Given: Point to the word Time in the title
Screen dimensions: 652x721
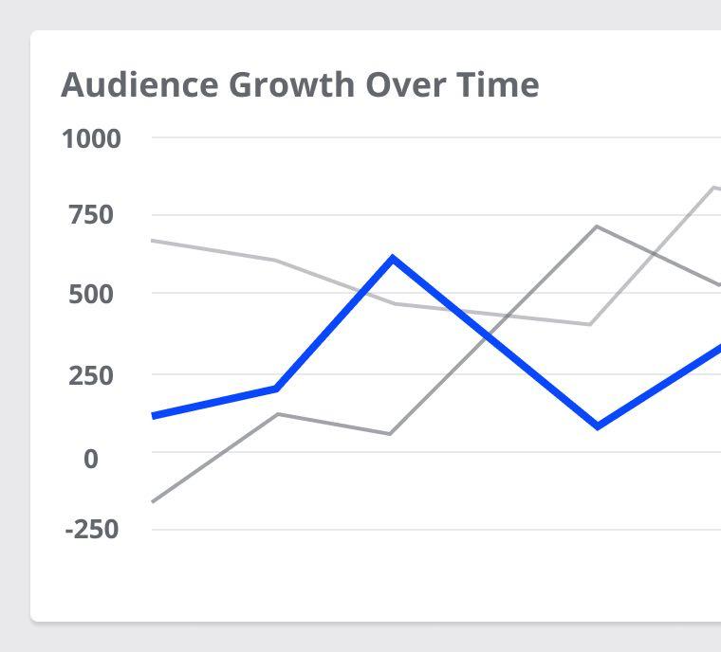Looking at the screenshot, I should tap(501, 84).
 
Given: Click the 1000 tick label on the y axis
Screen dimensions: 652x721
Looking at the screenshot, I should tap(91, 139).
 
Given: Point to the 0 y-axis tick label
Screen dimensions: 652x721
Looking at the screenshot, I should tap(91, 459).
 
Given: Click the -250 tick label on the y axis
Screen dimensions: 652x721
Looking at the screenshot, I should tap(91, 529).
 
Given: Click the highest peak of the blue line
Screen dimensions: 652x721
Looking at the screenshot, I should tap(392, 258).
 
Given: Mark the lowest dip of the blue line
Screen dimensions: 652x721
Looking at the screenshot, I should tap(598, 426).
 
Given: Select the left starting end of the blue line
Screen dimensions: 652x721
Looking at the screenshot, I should tap(154, 416).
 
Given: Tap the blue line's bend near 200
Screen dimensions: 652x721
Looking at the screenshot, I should tap(276, 389).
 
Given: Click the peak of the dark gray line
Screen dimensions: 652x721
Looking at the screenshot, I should tap(596, 226).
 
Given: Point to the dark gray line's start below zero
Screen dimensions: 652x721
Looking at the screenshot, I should tap(154, 501).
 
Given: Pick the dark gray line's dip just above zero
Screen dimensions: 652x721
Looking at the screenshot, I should tap(391, 434).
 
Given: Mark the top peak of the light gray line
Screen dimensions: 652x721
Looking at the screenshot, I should tap(713, 187).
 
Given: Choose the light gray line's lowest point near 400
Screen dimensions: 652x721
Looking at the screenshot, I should tap(590, 324).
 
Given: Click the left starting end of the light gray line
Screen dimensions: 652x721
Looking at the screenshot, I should tap(154, 241).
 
